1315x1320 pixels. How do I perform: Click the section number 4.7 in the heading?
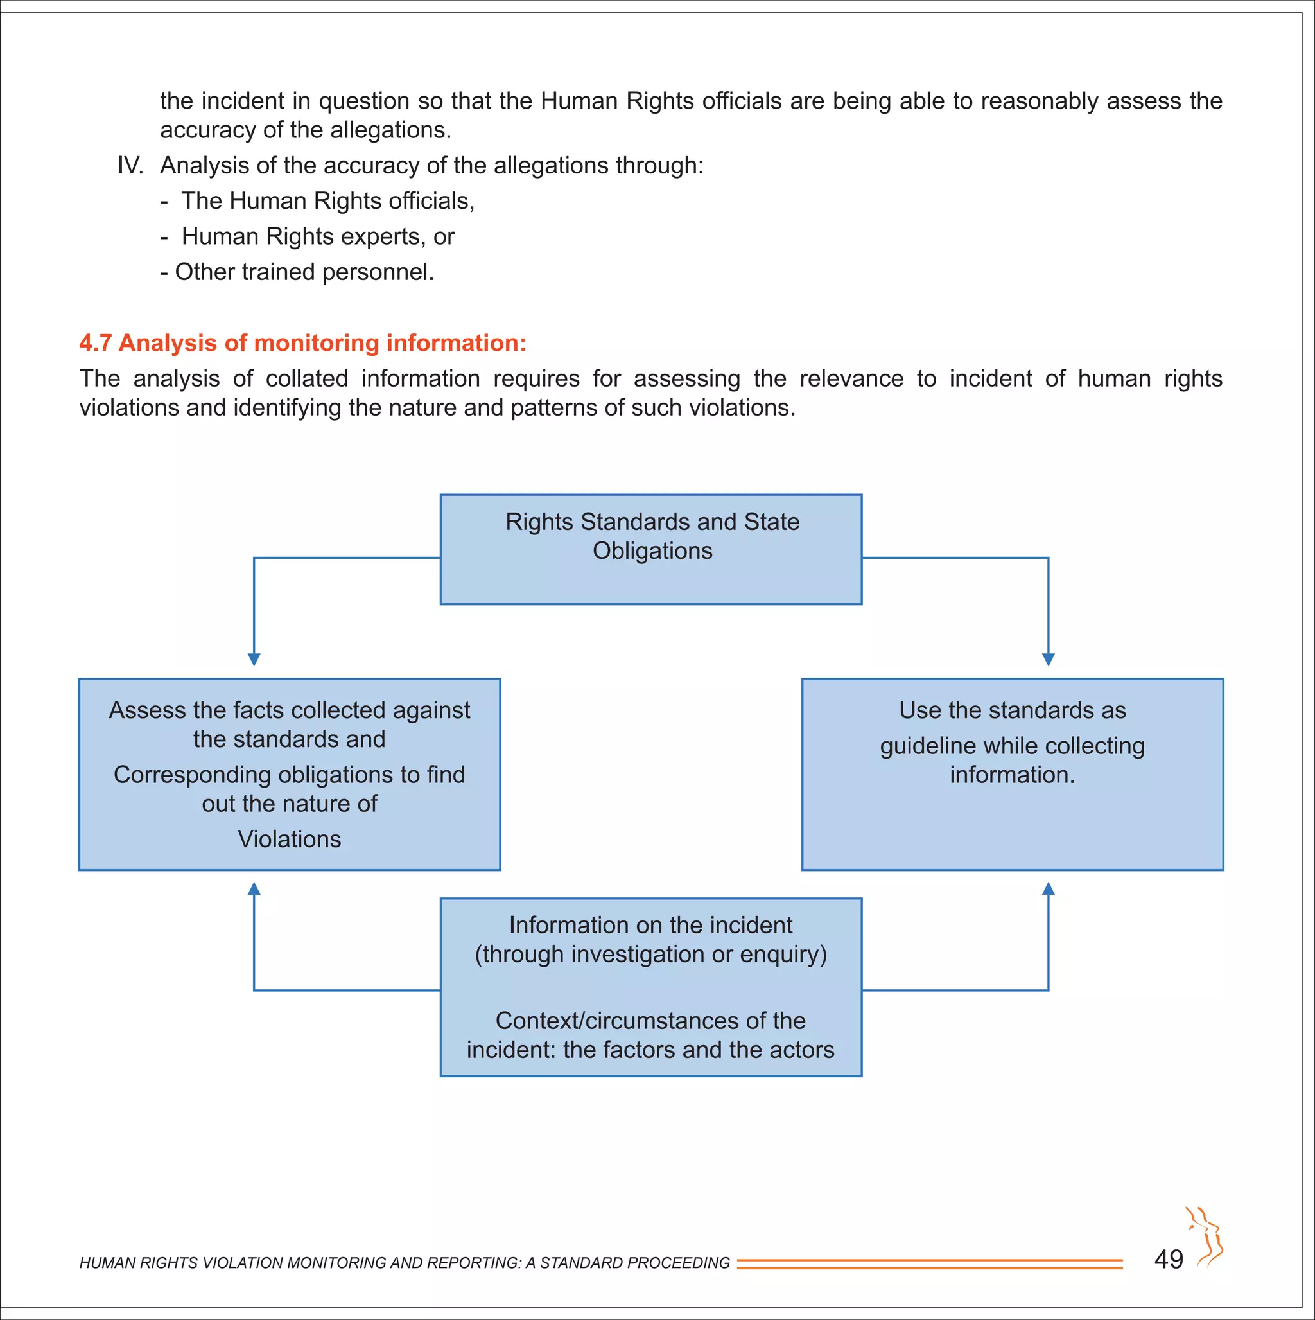(95, 343)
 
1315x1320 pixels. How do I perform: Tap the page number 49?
(1168, 1259)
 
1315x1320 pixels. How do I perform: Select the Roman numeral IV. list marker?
(130, 165)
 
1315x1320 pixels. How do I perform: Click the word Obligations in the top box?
(652, 550)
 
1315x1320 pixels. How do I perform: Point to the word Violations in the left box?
(289, 839)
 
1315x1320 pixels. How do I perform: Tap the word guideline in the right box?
(919, 746)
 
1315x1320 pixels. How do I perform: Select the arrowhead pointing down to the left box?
(254, 659)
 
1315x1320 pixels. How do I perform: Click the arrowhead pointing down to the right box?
(1048, 659)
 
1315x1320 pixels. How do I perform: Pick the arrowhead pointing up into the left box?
(254, 889)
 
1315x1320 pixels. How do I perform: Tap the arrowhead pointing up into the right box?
(1048, 889)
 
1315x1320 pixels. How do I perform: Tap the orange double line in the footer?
(929, 1263)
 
